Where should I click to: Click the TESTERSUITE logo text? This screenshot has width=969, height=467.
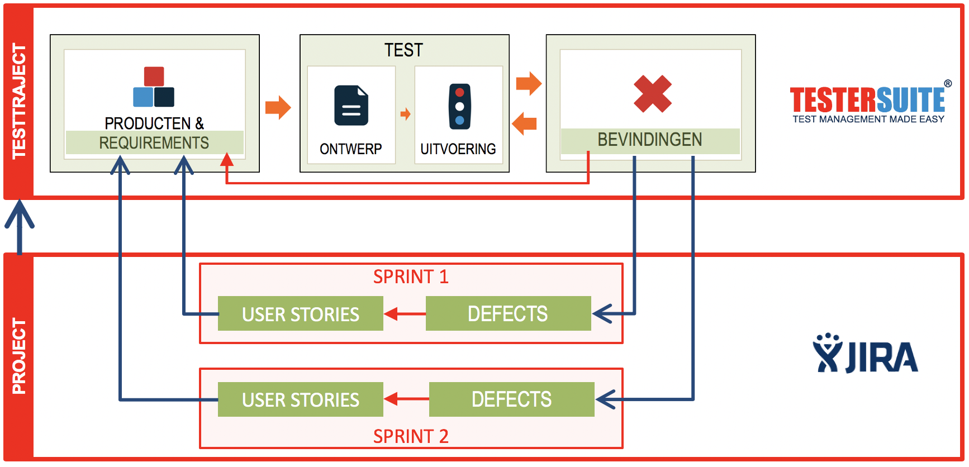point(867,100)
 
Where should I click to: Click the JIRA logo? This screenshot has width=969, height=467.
point(866,354)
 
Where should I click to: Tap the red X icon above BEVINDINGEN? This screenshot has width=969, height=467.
point(652,93)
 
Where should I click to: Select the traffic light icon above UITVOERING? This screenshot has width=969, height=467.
point(459,106)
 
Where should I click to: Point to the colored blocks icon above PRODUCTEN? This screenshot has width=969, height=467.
point(154,87)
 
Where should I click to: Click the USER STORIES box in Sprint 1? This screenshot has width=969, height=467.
point(300,314)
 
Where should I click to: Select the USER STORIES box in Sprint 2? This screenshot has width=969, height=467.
point(300,399)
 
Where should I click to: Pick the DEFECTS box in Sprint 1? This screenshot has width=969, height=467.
point(508,313)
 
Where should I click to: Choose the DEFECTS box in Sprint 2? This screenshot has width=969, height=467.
point(511,399)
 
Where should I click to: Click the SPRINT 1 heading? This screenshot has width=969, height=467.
point(411,277)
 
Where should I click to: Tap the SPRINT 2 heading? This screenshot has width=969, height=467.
point(411,436)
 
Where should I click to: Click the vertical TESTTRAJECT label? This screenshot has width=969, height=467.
point(19,101)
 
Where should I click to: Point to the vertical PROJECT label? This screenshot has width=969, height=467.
point(19,356)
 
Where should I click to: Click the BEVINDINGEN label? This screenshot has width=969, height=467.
point(649,140)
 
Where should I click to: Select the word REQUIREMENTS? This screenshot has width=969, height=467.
point(154,143)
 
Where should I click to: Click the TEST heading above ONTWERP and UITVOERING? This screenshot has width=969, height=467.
point(403,50)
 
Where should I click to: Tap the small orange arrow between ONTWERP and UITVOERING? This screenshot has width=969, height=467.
point(405,115)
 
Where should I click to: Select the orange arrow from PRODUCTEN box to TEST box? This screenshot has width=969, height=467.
point(278,107)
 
